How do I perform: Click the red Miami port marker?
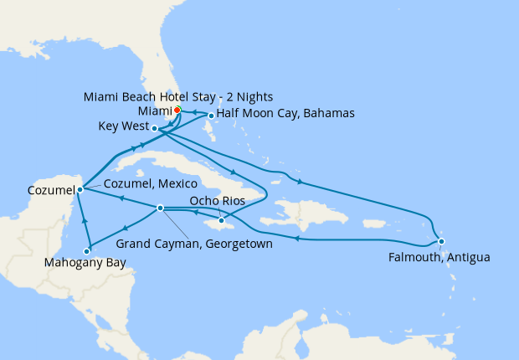click(x=177, y=110)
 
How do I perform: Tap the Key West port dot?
click(x=156, y=128)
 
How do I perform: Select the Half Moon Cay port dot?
click(x=210, y=116)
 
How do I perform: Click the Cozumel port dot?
click(x=80, y=189)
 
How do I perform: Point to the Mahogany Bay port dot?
click(x=87, y=250)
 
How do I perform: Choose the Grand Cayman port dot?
click(x=160, y=208)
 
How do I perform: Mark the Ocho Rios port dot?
click(x=221, y=220)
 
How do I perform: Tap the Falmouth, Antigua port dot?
click(x=440, y=241)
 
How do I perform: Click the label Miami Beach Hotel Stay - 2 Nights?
click(x=178, y=96)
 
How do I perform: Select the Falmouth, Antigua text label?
click(x=439, y=258)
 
